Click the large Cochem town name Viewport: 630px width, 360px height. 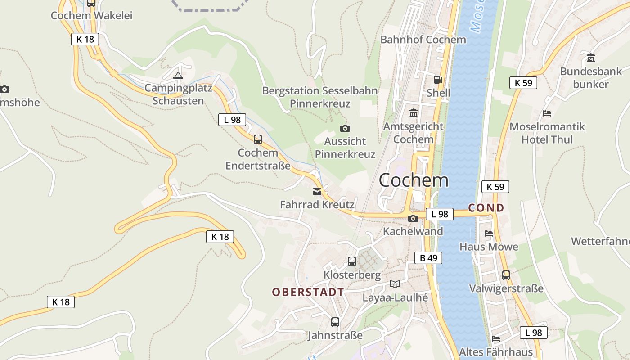pyautogui.click(x=413, y=180)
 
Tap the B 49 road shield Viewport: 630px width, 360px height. pyautogui.click(x=428, y=258)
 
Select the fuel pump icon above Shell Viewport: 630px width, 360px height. pyautogui.click(x=438, y=80)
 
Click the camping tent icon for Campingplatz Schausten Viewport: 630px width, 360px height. pyautogui.click(x=178, y=75)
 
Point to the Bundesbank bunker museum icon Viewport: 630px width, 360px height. pyautogui.click(x=591, y=58)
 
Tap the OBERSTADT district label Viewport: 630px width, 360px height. pyautogui.click(x=308, y=292)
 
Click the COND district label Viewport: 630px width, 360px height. pyautogui.click(x=486, y=208)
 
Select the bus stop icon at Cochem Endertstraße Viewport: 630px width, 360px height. pyautogui.click(x=257, y=139)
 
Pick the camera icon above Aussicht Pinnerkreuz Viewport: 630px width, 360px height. pyautogui.click(x=345, y=129)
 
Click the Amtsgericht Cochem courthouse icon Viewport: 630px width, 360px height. pyautogui.click(x=413, y=113)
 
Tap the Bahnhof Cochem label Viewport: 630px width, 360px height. pyautogui.click(x=423, y=40)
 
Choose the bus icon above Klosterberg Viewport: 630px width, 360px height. pyautogui.click(x=352, y=261)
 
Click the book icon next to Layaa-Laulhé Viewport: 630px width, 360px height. pyautogui.click(x=395, y=284)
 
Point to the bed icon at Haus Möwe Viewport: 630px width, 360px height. pyautogui.click(x=488, y=234)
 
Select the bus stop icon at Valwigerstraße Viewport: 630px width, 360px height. pyautogui.click(x=506, y=275)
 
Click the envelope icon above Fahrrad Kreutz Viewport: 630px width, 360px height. pyautogui.click(x=317, y=192)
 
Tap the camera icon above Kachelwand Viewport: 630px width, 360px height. pyautogui.click(x=413, y=219)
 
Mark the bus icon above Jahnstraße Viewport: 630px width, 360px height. pyautogui.click(x=335, y=322)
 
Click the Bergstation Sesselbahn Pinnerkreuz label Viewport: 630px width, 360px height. pyautogui.click(x=320, y=97)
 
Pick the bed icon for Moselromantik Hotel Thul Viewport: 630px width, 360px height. pyautogui.click(x=547, y=113)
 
